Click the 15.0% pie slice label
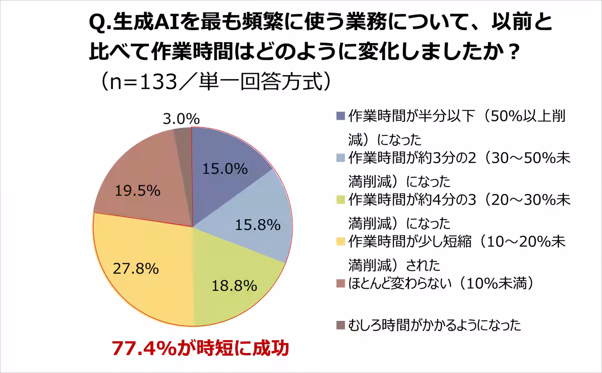225,169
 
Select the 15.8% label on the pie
257,225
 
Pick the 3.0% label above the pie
182,119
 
